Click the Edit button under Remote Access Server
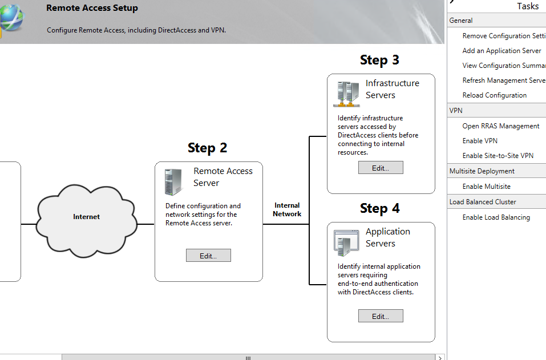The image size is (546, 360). pyautogui.click(x=208, y=256)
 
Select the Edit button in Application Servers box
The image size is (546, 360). pyautogui.click(x=381, y=316)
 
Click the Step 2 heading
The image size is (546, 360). pyautogui.click(x=207, y=148)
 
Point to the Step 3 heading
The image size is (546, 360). pyautogui.click(x=379, y=60)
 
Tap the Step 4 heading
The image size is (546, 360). pyautogui.click(x=379, y=208)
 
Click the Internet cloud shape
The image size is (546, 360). pyautogui.click(x=87, y=217)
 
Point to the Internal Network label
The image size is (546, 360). pyautogui.click(x=287, y=209)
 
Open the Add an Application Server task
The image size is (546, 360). pyautogui.click(x=501, y=51)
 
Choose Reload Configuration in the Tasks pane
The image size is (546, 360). pyautogui.click(x=494, y=95)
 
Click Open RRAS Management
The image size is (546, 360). pyautogui.click(x=500, y=126)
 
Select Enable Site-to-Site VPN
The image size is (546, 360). pyautogui.click(x=498, y=156)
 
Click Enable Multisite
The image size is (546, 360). pyautogui.click(x=486, y=187)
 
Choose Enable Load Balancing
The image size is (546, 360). pyautogui.click(x=496, y=217)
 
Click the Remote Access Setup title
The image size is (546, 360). pyautogui.click(x=92, y=8)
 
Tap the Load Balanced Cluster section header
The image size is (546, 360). pyautogui.click(x=482, y=202)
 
